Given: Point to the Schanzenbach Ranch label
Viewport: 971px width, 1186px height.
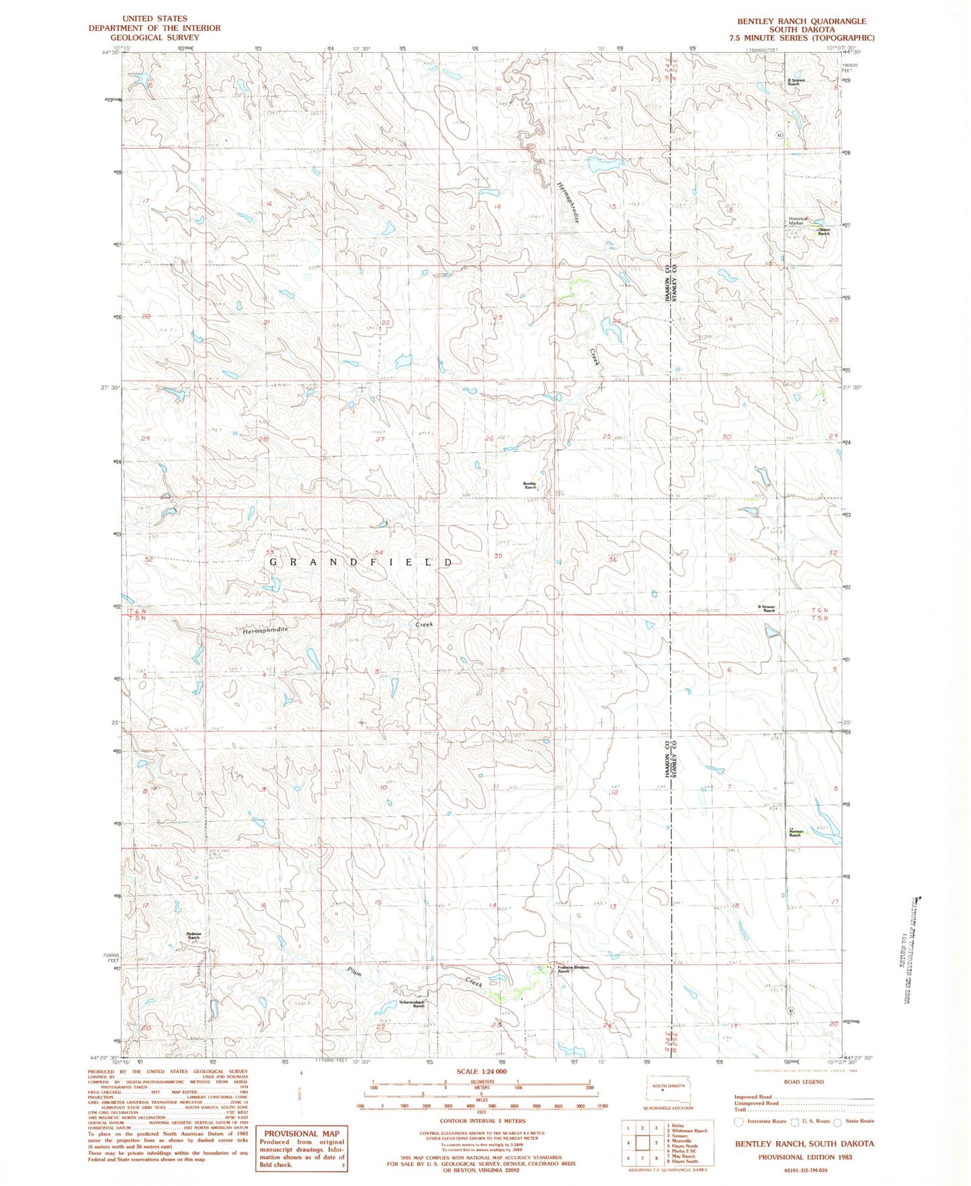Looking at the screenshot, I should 412,1004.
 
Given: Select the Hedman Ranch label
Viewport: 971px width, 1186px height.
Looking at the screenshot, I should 195,935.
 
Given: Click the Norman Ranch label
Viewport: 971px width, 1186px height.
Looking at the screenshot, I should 796,833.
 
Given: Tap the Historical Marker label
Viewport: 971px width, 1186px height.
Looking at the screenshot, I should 798,221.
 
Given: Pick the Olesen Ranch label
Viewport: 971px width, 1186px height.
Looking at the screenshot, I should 823,232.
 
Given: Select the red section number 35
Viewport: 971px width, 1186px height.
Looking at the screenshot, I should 498,556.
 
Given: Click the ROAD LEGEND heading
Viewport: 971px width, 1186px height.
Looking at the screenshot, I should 804,1082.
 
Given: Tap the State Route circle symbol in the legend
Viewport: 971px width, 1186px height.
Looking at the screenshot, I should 837,1121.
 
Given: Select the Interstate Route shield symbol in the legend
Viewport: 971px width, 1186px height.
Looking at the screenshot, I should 738,1121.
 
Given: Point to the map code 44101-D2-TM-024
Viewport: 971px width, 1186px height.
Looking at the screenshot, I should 804,1171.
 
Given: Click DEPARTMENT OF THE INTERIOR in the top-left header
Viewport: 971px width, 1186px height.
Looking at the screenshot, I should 155,28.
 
